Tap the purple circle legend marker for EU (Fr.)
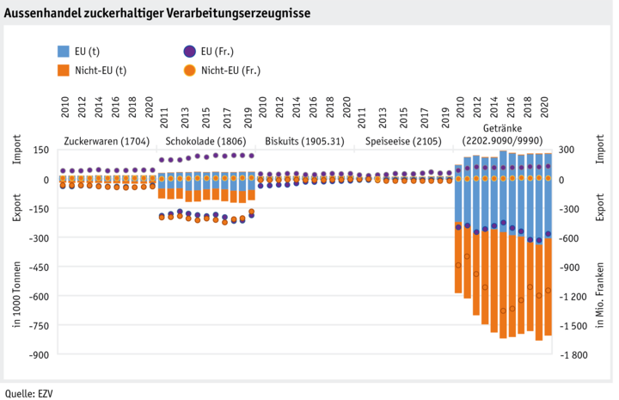pos(189,52)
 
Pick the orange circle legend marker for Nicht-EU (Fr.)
pos(189,71)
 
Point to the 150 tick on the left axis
pos(39,150)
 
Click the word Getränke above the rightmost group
pos(502,127)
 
